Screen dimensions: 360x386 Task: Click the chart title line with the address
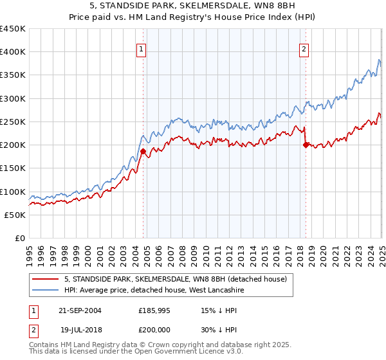(193, 7)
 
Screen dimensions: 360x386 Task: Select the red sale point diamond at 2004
(143, 152)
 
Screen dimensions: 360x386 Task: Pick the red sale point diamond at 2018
(306, 145)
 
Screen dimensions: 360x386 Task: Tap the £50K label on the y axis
(15, 215)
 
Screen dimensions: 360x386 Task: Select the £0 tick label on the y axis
(19, 238)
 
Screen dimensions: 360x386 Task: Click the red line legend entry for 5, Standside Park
(179, 279)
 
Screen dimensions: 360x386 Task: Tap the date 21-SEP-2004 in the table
(80, 310)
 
